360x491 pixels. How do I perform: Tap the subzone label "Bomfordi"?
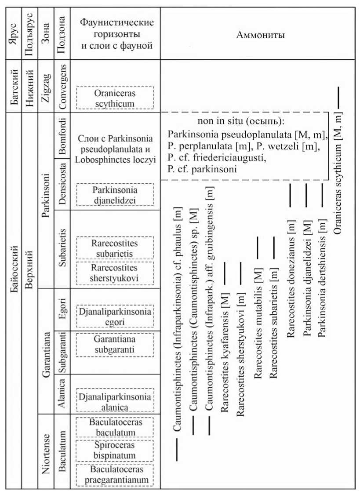pyautogui.click(x=62, y=137)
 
